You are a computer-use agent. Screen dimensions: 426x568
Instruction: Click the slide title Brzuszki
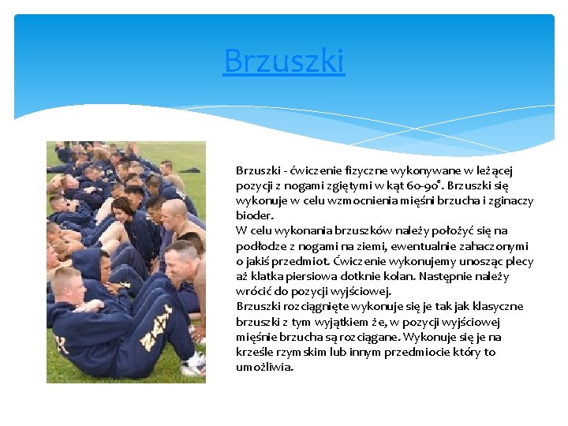point(284,60)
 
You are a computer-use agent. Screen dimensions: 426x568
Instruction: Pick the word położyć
point(447,231)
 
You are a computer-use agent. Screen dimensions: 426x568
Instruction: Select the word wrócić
point(252,291)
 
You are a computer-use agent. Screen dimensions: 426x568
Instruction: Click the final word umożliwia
point(264,367)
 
